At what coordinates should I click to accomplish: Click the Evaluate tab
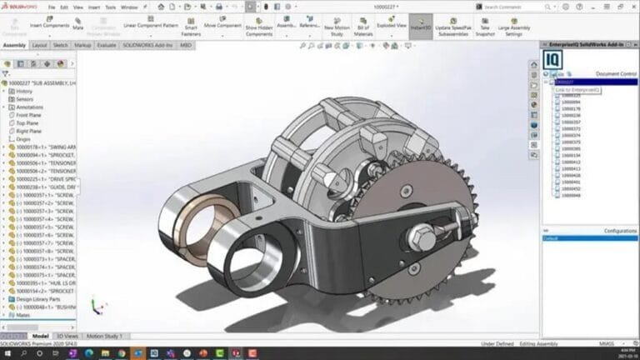point(106,45)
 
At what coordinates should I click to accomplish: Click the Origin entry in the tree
point(22,139)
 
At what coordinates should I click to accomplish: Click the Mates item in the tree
point(22,314)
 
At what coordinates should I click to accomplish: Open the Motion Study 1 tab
point(104,336)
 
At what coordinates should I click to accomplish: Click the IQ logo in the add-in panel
point(552,60)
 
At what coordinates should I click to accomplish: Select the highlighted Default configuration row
point(590,237)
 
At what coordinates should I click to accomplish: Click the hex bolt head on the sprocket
point(422,238)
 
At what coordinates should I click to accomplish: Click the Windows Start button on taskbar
point(7,353)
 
